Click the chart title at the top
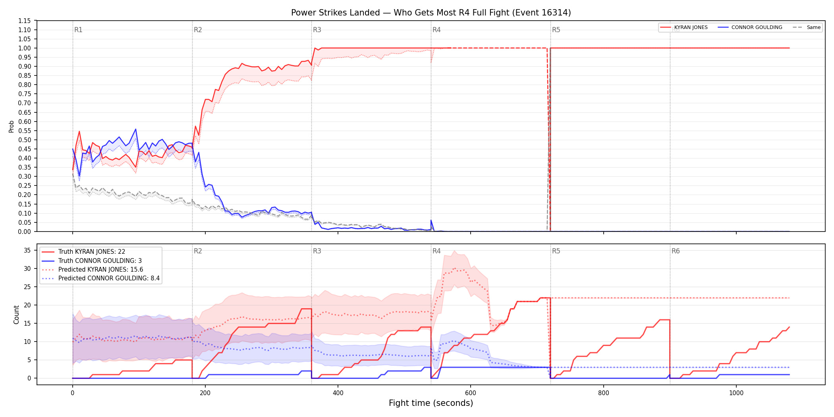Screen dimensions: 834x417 click(431, 13)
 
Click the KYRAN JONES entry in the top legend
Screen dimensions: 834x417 click(691, 27)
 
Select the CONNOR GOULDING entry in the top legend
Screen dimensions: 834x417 click(757, 27)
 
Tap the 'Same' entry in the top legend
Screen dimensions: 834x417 click(813, 27)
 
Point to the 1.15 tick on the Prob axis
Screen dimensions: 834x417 click(24, 21)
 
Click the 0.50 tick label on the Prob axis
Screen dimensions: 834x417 click(24, 140)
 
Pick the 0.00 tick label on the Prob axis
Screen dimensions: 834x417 click(24, 232)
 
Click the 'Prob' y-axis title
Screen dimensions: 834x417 click(12, 126)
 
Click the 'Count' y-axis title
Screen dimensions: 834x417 click(16, 315)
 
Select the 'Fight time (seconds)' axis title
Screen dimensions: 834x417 click(431, 403)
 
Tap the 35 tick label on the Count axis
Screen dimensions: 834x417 click(27, 250)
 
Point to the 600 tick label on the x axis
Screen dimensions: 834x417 click(471, 393)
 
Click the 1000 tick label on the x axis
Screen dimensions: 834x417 click(736, 393)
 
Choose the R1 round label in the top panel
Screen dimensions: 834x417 click(78, 30)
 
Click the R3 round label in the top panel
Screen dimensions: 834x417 click(317, 30)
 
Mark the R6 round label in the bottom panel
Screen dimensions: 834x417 click(676, 251)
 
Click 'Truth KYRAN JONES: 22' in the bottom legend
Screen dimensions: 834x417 click(92, 252)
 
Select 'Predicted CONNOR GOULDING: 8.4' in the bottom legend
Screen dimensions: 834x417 click(109, 278)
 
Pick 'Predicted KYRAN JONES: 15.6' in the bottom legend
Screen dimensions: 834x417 click(100, 270)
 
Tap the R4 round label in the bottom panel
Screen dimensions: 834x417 click(436, 251)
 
